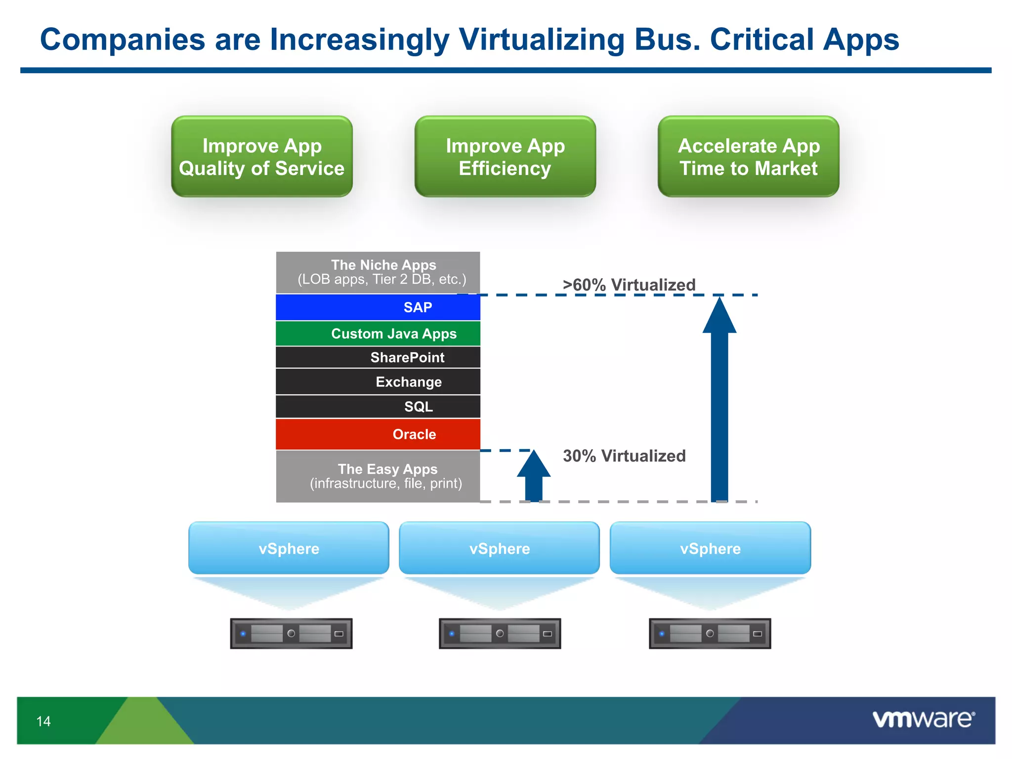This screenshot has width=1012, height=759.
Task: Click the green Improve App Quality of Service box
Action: (x=262, y=157)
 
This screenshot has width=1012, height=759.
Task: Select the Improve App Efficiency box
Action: (x=505, y=157)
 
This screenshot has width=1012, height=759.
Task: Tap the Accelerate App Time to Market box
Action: (x=748, y=157)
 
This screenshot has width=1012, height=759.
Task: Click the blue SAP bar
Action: (x=378, y=307)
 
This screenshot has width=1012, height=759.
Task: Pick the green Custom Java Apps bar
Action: (x=378, y=334)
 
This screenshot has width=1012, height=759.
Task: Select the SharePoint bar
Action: (x=378, y=357)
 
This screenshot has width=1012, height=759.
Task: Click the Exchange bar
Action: (x=378, y=382)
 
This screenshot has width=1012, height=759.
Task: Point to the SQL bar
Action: (x=378, y=407)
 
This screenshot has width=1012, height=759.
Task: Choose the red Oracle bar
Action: (x=378, y=434)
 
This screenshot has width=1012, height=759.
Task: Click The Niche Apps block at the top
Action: (x=378, y=272)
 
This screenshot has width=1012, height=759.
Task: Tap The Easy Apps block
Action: (x=378, y=476)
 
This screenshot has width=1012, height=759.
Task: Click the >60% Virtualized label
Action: (x=629, y=285)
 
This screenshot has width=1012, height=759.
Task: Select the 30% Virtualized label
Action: (x=624, y=456)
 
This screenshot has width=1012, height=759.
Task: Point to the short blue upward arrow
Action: (x=534, y=477)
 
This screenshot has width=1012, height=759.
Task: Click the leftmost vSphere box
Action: (x=289, y=548)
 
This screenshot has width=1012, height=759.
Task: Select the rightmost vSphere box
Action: (x=710, y=548)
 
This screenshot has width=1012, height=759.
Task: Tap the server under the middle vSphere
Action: (x=500, y=633)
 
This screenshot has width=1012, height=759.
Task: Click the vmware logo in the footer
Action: (x=923, y=719)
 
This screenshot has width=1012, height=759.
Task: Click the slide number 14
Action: (x=43, y=721)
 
